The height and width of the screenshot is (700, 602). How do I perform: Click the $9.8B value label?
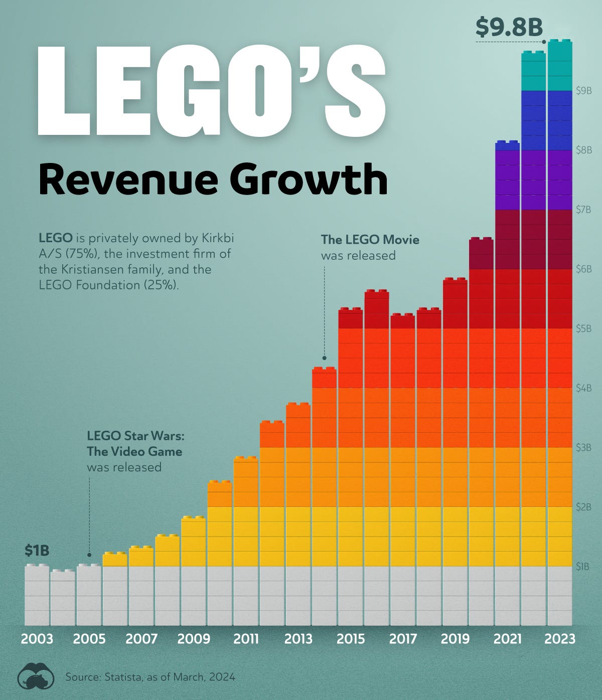click(x=509, y=27)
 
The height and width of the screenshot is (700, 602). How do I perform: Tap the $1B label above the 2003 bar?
click(x=37, y=551)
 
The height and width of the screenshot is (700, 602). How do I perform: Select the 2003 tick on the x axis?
click(x=37, y=639)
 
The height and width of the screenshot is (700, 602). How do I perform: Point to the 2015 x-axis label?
click(x=351, y=639)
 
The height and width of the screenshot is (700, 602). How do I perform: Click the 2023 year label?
click(x=560, y=639)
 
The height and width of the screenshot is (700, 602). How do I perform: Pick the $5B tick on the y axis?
click(x=583, y=329)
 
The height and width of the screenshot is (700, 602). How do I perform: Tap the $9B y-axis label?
click(x=583, y=91)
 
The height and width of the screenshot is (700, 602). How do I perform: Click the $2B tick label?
click(x=583, y=507)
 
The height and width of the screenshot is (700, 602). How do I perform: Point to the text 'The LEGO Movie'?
click(x=370, y=240)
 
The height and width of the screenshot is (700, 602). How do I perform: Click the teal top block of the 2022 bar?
click(x=533, y=71)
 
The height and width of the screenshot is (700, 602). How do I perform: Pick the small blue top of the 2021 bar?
click(x=507, y=145)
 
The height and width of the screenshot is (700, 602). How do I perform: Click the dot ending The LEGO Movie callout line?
click(x=325, y=358)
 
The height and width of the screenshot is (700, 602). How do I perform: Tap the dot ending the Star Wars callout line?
click(x=89, y=555)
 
